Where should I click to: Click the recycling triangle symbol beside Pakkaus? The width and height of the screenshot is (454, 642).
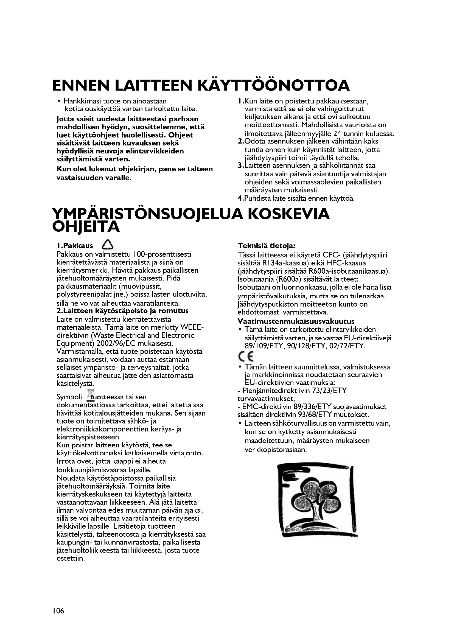[x=108, y=245]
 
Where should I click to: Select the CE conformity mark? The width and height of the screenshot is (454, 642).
[x=245, y=356]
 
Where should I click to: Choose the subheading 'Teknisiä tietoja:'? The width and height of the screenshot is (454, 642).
[x=267, y=245]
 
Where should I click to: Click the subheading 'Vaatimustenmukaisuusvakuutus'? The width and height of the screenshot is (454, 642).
[x=296, y=321]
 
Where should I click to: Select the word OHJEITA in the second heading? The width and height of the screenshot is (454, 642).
[x=86, y=227]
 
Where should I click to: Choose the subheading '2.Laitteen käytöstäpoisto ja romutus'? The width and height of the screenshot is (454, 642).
[x=122, y=311]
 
